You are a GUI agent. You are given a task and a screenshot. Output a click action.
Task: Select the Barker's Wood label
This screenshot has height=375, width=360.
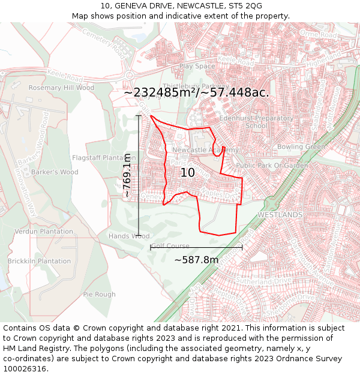pyautogui.click(x=55, y=172)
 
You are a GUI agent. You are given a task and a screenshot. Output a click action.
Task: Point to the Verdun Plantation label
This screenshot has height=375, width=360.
pyautogui.click(x=43, y=232)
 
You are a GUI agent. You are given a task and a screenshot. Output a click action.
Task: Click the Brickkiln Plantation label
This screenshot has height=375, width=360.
pyautogui.click(x=39, y=261)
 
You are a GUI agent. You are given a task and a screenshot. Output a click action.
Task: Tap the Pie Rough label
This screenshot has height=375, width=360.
pyautogui.click(x=99, y=295)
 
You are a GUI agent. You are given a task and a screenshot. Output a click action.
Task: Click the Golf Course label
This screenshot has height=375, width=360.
pyautogui.click(x=170, y=246)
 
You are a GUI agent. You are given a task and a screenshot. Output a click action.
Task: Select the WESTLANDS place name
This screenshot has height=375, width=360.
pyautogui.click(x=280, y=214)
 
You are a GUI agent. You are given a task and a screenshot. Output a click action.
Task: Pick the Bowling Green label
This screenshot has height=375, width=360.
pyautogui.click(x=301, y=146)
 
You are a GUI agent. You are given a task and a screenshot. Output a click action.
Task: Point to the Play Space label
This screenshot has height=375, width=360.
pyautogui.click(x=197, y=66)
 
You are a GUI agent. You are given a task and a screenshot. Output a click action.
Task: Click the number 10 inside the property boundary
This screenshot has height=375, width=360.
pyautogui.click(x=188, y=173)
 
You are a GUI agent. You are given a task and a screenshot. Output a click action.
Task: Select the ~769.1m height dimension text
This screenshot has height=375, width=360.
pyautogui.click(x=127, y=175)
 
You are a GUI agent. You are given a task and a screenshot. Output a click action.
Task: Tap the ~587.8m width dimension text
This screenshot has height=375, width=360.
pyautogui.click(x=196, y=260)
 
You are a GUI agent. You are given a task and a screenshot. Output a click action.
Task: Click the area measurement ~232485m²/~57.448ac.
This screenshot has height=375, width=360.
pyautogui.click(x=196, y=93)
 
